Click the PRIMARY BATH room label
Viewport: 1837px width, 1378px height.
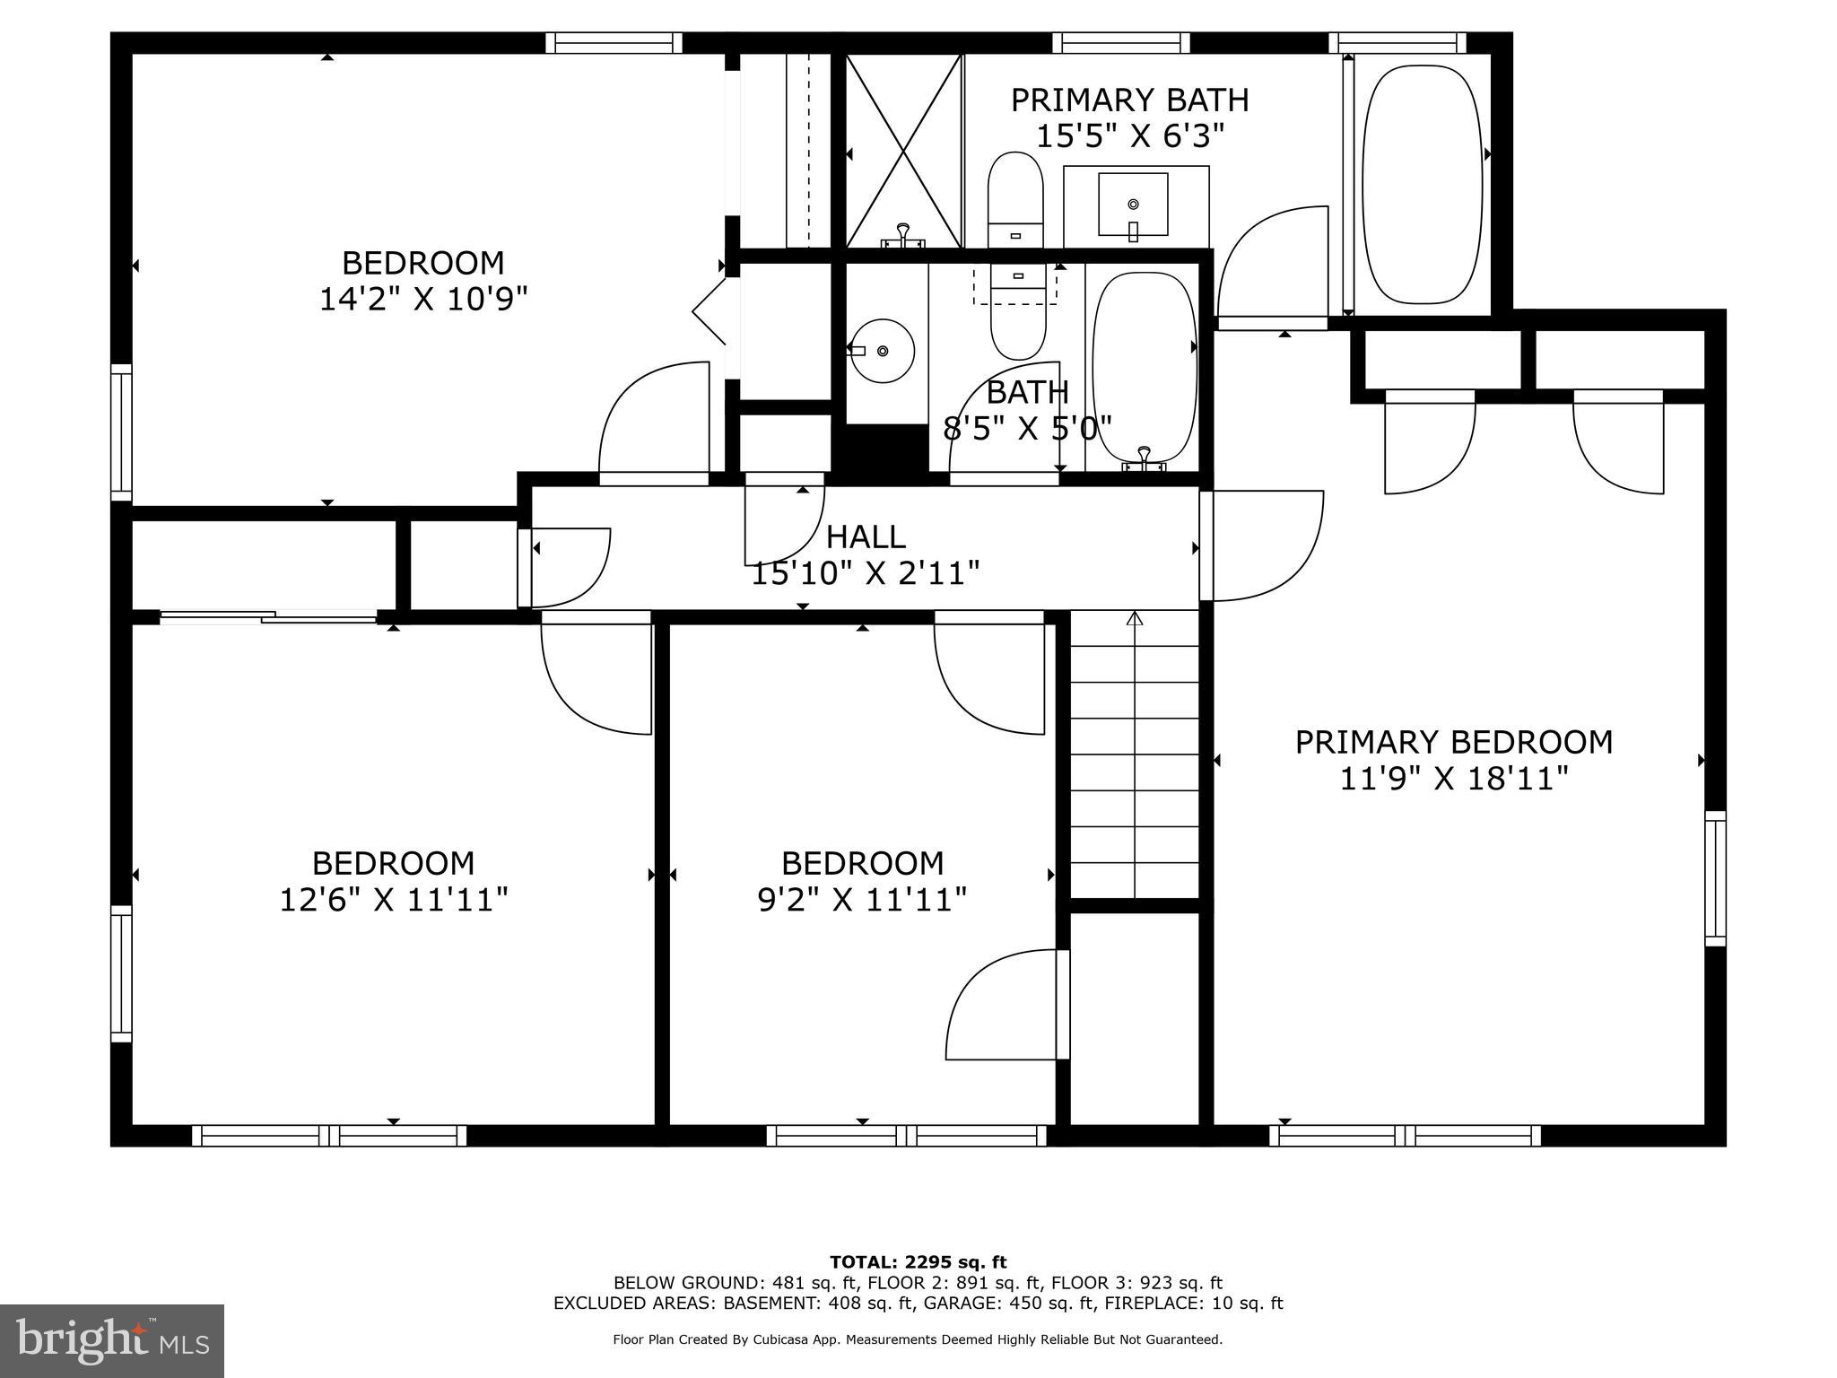click(x=1129, y=100)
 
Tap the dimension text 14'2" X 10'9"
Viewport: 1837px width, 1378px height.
click(x=422, y=299)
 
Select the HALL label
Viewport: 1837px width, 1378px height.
click(x=865, y=536)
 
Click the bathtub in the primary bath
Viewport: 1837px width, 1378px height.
click(x=1421, y=184)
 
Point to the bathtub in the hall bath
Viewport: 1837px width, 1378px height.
click(x=1144, y=367)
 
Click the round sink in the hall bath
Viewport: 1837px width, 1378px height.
click(x=882, y=350)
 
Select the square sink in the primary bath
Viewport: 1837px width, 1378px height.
click(x=1133, y=205)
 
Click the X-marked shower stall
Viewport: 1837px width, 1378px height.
click(x=904, y=151)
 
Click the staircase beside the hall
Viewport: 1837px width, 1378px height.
click(x=1135, y=754)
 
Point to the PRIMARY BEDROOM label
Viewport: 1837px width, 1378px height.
click(x=1453, y=743)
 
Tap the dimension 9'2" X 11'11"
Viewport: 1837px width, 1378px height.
click(x=862, y=899)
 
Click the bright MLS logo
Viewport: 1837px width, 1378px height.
click(x=111, y=1340)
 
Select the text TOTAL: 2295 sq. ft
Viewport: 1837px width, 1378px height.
click(x=918, y=1262)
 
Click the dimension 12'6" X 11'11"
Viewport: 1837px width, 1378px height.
click(x=394, y=899)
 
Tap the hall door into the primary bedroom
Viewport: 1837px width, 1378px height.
click(x=1260, y=545)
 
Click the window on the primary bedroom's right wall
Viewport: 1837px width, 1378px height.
click(x=1714, y=878)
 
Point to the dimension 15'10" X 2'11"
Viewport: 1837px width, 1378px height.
click(x=865, y=572)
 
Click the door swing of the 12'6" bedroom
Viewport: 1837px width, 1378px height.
click(x=596, y=673)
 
